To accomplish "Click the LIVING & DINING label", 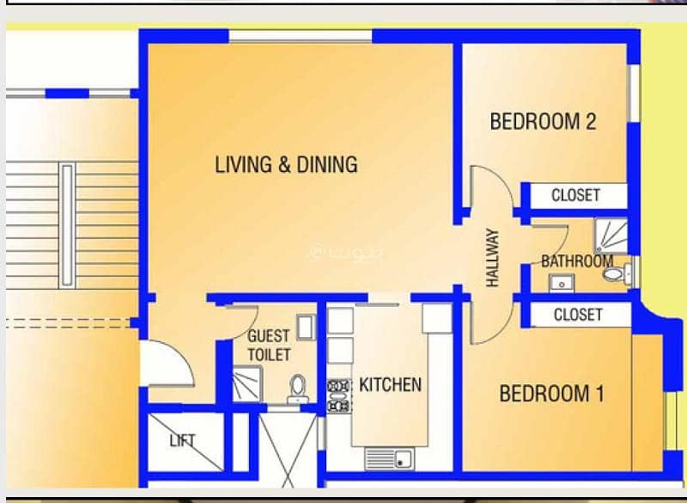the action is pos(286,165).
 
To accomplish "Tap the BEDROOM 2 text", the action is pos(543,121).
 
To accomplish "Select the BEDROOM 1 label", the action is pos(551,393).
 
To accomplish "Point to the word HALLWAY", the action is pos(493,258).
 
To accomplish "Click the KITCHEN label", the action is pos(391,384).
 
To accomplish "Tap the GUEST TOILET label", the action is pos(269,346).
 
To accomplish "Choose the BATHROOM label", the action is pos(577,261).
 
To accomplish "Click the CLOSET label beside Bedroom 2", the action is pos(575,195).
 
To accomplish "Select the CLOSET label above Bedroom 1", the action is pos(578,315).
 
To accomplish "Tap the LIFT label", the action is pos(182,441).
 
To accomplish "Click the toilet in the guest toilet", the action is pos(298,389).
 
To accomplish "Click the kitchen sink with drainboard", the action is pos(390,458).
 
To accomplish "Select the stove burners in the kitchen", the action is pos(339,396).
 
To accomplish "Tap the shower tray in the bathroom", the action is pos(611,236).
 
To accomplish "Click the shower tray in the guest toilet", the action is pos(247,384).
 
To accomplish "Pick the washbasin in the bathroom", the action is pos(562,283).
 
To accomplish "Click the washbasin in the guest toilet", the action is pos(307,327).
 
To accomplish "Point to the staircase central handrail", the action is pos(67,225).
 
